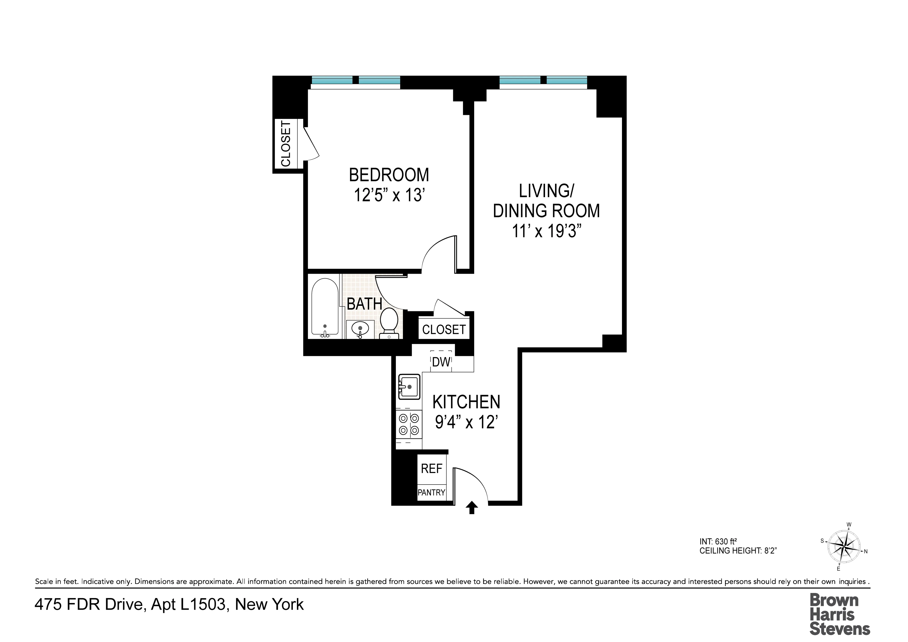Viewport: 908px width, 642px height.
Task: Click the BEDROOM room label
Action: click(x=389, y=175)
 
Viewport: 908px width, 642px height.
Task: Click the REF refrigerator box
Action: click(x=432, y=469)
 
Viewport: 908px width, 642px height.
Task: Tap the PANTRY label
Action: click(x=432, y=493)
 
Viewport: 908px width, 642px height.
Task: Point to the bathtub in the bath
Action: click(x=325, y=307)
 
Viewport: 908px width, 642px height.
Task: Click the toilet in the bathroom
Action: click(x=389, y=322)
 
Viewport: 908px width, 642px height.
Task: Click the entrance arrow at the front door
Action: click(x=471, y=508)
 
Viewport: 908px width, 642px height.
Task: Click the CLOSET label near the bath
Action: click(x=444, y=330)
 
